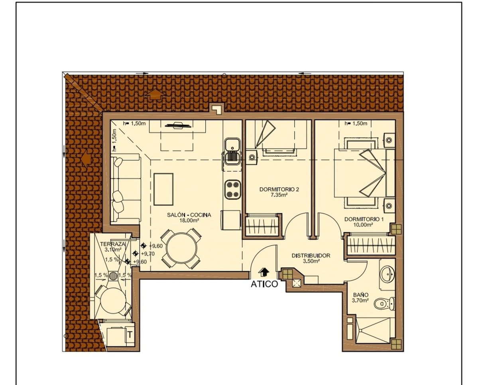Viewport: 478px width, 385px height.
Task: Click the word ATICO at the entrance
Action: pyautogui.click(x=264, y=284)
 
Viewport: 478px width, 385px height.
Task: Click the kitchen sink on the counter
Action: pyautogui.click(x=232, y=152)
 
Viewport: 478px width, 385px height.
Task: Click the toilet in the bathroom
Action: pyautogui.click(x=385, y=303)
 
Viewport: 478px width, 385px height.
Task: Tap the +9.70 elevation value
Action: pyautogui.click(x=148, y=254)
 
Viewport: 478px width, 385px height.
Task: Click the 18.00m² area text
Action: pyautogui.click(x=189, y=221)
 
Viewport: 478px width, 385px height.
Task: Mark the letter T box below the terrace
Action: pyautogui.click(x=130, y=335)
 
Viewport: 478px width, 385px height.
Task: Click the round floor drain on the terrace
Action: pyautogui.click(x=113, y=276)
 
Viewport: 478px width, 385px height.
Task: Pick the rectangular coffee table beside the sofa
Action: pyautogui.click(x=164, y=189)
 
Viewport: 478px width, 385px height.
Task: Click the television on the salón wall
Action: pyautogui.click(x=178, y=125)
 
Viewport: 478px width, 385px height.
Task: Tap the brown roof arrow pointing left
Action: pyautogui.click(x=86, y=158)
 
